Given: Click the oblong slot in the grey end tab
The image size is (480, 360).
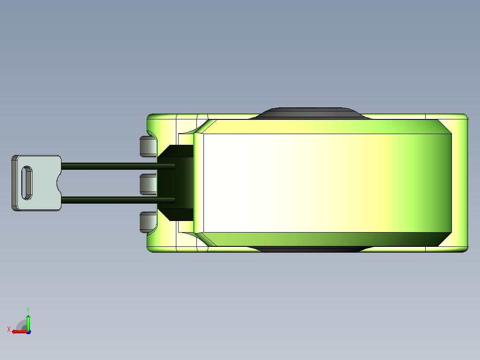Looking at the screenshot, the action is click(x=27, y=183).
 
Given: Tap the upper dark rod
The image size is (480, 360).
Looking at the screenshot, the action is click(x=118, y=166).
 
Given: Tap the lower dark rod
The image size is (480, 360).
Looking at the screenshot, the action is click(x=118, y=200).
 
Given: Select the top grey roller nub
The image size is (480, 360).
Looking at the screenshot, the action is click(x=148, y=147).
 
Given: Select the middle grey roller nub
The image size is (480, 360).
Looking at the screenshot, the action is click(x=148, y=184).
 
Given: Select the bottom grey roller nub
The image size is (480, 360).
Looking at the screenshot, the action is click(x=148, y=222).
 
